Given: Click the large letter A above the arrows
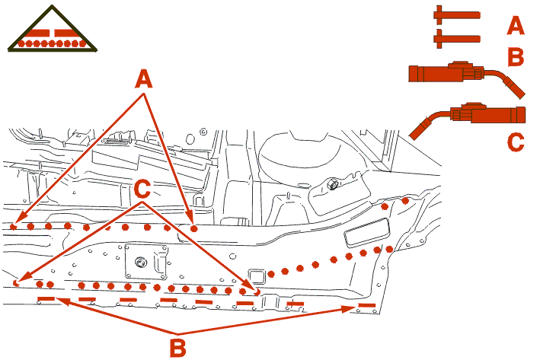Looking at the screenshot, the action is tap(144, 78).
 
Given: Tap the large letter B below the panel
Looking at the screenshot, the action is tap(177, 347).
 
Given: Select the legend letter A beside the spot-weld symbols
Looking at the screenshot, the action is tap(516, 26).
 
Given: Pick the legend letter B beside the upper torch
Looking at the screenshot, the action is tap(516, 56).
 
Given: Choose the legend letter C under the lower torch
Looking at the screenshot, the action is tap(516, 142).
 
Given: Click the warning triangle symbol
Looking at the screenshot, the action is tap(52, 29).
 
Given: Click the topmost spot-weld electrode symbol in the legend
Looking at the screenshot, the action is tap(456, 15).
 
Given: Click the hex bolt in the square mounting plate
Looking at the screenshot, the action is tap(140, 263).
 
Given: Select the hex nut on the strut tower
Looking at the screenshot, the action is tap(332, 183).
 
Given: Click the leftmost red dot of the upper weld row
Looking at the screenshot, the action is tap(13, 227).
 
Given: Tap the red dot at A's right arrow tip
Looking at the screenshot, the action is tap(194, 228).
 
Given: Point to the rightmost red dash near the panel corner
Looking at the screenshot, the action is tap(367, 305).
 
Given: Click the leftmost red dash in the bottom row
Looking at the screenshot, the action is tap(46, 298).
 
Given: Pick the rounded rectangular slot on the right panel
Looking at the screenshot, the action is tap(367, 232).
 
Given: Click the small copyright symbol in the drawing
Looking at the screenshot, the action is tap(203, 132).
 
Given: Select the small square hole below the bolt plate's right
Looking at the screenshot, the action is tap(257, 276).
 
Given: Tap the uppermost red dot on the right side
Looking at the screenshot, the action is tap(405, 201).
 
